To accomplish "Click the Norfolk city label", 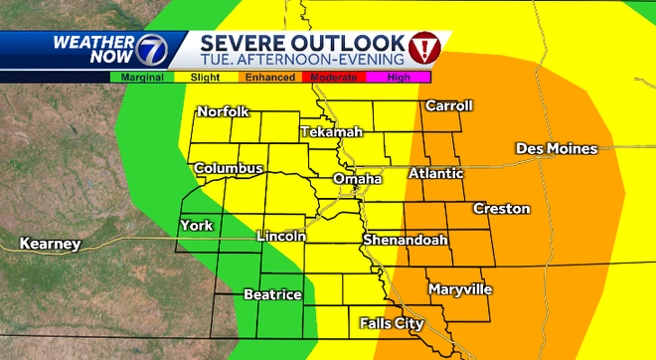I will pyautogui.click(x=223, y=112).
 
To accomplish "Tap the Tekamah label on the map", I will pyautogui.click(x=332, y=132).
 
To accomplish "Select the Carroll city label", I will pyautogui.click(x=448, y=106).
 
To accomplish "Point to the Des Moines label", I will pyautogui.click(x=556, y=149).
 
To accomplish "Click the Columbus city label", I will pyautogui.click(x=229, y=169).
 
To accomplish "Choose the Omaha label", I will pyautogui.click(x=357, y=179).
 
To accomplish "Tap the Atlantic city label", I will pyautogui.click(x=436, y=174).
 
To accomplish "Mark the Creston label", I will pyautogui.click(x=501, y=209).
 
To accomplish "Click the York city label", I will pyautogui.click(x=196, y=226).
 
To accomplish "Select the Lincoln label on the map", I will pyautogui.click(x=280, y=237).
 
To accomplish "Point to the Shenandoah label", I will pyautogui.click(x=405, y=241).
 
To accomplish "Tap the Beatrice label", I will pyautogui.click(x=272, y=294).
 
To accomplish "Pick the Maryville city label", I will pyautogui.click(x=460, y=289).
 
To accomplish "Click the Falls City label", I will pyautogui.click(x=392, y=324).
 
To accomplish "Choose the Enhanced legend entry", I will pyautogui.click(x=270, y=76).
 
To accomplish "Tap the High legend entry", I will pyautogui.click(x=399, y=76).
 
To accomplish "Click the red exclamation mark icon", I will pyautogui.click(x=424, y=46).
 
